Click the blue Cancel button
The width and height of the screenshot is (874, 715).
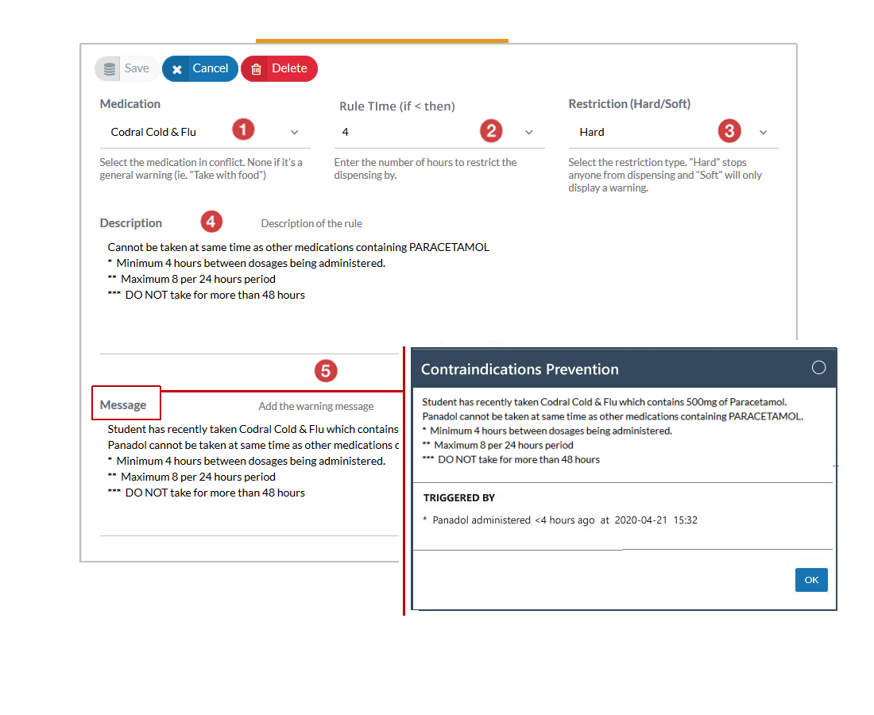[x=200, y=68]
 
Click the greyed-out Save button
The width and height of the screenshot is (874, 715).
[x=126, y=68]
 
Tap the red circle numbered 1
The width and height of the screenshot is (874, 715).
[x=243, y=129]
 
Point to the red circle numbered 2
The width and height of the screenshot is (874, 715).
[x=491, y=131]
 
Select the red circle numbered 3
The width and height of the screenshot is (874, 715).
[x=729, y=131]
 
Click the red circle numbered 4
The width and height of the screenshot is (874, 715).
[x=211, y=222]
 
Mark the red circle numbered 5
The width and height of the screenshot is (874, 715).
[x=326, y=371]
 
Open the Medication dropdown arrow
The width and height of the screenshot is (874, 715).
[x=294, y=133]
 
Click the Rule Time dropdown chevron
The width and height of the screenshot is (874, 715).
[x=529, y=133]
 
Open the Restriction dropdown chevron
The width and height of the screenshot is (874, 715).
[x=763, y=133]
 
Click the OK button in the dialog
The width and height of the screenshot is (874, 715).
[x=811, y=580]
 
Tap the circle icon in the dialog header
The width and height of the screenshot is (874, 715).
[x=819, y=368]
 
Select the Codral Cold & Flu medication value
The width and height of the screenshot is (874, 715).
[x=153, y=132]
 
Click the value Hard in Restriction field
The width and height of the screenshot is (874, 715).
[x=592, y=132]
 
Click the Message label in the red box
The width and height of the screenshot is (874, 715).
[x=123, y=405]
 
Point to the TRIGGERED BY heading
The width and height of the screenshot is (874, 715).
[x=458, y=497]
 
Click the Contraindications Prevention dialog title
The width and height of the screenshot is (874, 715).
[x=520, y=369]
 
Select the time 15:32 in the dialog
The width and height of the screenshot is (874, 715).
[x=685, y=520]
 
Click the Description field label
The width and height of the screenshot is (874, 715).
[x=131, y=223]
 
